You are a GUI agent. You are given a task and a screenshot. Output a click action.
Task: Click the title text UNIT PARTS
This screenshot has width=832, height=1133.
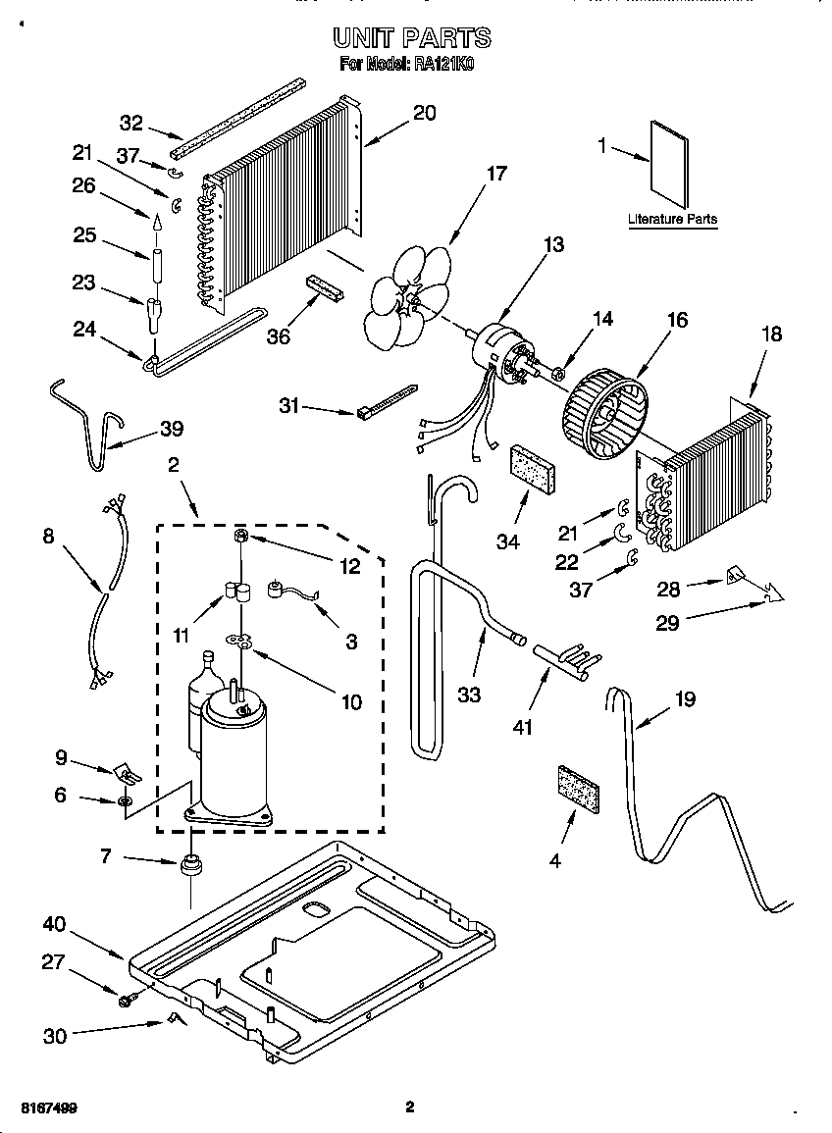click(x=411, y=38)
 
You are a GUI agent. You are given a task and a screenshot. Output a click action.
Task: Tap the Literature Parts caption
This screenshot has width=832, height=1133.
click(x=672, y=220)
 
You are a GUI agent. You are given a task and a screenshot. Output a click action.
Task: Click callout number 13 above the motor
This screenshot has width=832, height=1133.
click(x=553, y=244)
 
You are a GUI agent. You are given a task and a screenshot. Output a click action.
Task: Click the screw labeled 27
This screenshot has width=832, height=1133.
click(x=127, y=1000)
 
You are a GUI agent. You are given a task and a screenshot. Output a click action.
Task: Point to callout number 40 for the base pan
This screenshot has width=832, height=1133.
click(x=54, y=924)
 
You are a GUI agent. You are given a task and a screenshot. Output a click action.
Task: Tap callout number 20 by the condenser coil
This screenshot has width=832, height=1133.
click(x=424, y=112)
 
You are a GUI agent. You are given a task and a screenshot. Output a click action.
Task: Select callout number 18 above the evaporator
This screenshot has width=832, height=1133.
click(x=771, y=334)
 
